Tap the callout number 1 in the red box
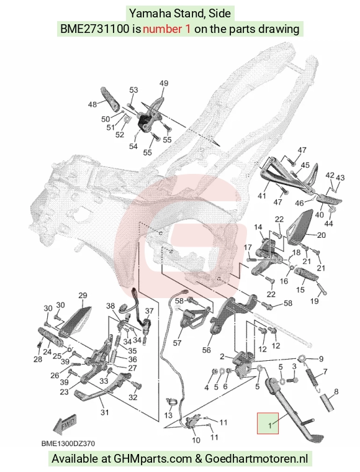click(270, 425)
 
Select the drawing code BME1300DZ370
click(68, 443)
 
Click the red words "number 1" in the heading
click(166, 29)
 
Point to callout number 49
click(164, 83)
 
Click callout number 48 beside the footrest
click(92, 104)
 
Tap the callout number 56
click(206, 350)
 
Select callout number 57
click(177, 343)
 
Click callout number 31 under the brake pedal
click(104, 412)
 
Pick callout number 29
click(83, 295)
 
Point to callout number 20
click(321, 235)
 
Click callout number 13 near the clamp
click(168, 415)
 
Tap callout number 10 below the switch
click(196, 440)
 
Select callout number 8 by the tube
click(336, 392)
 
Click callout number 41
click(262, 196)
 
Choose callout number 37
click(149, 311)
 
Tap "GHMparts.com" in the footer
click(153, 459)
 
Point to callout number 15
click(300, 289)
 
